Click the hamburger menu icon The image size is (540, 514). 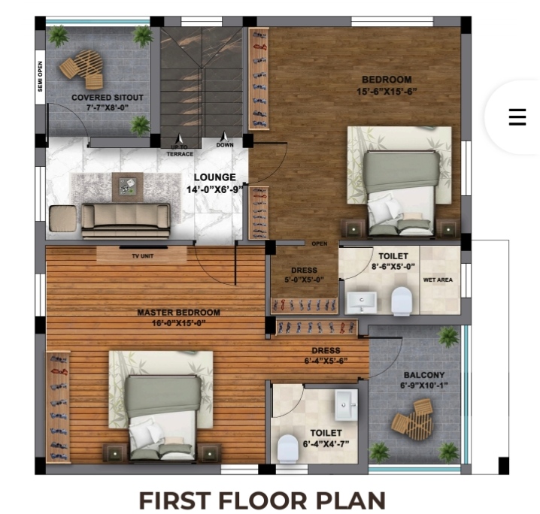pos(517,117)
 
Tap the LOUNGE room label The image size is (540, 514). pos(215,177)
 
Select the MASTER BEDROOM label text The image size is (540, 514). pos(178,313)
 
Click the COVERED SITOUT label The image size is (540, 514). pos(108,98)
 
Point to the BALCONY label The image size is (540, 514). pos(424,375)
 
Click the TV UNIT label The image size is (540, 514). pos(143,256)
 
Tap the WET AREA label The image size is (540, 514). pos(438,280)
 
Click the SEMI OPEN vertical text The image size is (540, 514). pos(41,77)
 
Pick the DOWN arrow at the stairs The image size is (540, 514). pos(225,136)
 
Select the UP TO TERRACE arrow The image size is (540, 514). pos(179,139)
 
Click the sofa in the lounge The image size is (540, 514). pos(126,220)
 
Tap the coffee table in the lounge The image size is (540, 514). pos(127,187)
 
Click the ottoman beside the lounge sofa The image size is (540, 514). pos(62,218)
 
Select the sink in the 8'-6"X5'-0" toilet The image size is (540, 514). pos(361,303)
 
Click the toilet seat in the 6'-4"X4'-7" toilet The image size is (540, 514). pos(288,449)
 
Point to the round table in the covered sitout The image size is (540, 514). pos(89,64)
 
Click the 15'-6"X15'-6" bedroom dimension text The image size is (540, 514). pos(387,92)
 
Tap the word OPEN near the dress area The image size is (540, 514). pos(320,243)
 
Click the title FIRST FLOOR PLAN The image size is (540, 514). pos(262,500)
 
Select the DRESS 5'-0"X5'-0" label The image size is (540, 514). pos(304,275)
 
